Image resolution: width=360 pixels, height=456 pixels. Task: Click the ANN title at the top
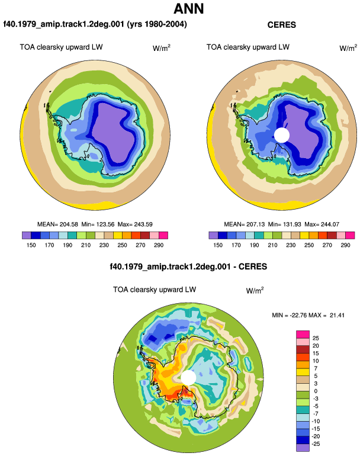[188, 9]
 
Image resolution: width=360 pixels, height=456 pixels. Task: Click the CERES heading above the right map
[281, 25]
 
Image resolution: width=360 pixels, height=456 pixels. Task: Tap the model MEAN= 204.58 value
[57, 224]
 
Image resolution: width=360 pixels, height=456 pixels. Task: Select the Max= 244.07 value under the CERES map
[322, 224]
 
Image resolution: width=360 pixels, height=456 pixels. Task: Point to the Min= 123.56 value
[98, 224]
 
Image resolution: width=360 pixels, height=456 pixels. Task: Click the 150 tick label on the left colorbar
[31, 245]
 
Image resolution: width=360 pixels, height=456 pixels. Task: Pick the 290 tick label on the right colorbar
[345, 245]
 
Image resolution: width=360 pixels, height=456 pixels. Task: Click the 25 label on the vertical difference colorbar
[316, 338]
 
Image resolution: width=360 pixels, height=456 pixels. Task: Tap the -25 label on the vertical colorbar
[316, 444]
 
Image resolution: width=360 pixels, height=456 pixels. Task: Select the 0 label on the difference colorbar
[316, 391]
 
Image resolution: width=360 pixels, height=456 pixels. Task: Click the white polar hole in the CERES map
[281, 135]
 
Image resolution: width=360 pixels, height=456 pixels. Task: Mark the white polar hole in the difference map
[188, 377]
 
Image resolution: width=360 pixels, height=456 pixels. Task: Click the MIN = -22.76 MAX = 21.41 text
[308, 315]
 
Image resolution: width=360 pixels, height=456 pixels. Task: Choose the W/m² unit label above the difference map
[255, 290]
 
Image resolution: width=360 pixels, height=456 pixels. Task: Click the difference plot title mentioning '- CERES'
[188, 266]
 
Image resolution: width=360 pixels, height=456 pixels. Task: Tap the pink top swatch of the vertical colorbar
[303, 335]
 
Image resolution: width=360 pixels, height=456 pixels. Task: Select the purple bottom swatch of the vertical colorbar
[303, 448]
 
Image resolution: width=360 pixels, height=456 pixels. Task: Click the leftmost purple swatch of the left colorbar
[27, 235]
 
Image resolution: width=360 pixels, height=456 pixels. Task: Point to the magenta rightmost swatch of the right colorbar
[350, 235]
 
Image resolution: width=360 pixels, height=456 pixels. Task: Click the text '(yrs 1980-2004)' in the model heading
[157, 24]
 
